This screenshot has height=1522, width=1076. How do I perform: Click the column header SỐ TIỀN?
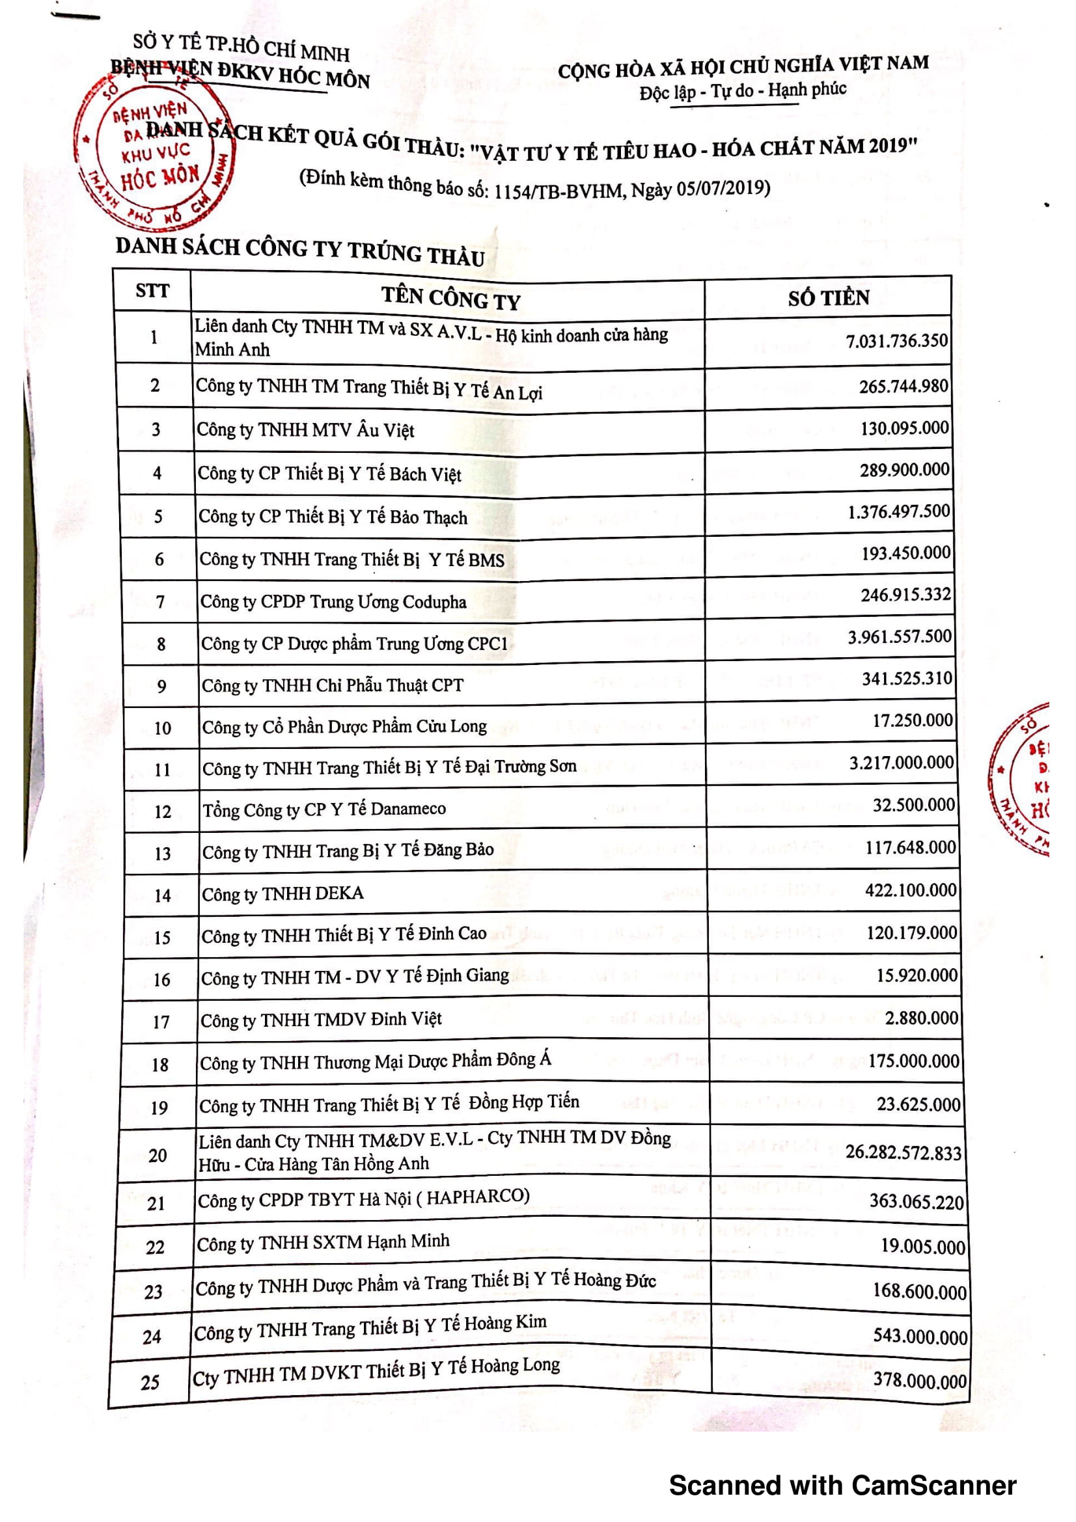click(828, 297)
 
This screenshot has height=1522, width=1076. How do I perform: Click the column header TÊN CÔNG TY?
click(450, 298)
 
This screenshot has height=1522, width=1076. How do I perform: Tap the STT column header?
click(152, 290)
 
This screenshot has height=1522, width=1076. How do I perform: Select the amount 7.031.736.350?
click(896, 341)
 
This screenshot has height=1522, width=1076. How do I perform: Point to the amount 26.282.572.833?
click(903, 1153)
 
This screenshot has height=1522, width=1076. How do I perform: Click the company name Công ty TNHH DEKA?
click(283, 893)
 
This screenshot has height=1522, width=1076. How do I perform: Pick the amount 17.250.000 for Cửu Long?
click(912, 720)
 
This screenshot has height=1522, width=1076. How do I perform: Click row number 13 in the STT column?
click(163, 853)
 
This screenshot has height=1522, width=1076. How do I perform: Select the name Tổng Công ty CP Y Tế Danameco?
click(324, 809)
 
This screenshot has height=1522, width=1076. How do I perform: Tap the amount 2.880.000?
click(922, 1018)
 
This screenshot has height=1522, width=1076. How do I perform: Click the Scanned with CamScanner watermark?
click(842, 1486)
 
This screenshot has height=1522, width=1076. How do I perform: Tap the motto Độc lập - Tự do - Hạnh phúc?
click(743, 91)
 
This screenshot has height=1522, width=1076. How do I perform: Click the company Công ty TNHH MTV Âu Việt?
click(305, 430)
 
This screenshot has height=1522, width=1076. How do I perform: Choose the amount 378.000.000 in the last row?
click(920, 1380)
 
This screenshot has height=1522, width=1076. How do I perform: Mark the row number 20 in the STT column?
click(158, 1156)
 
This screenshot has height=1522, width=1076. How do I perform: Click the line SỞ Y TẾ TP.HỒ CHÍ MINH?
click(241, 46)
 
